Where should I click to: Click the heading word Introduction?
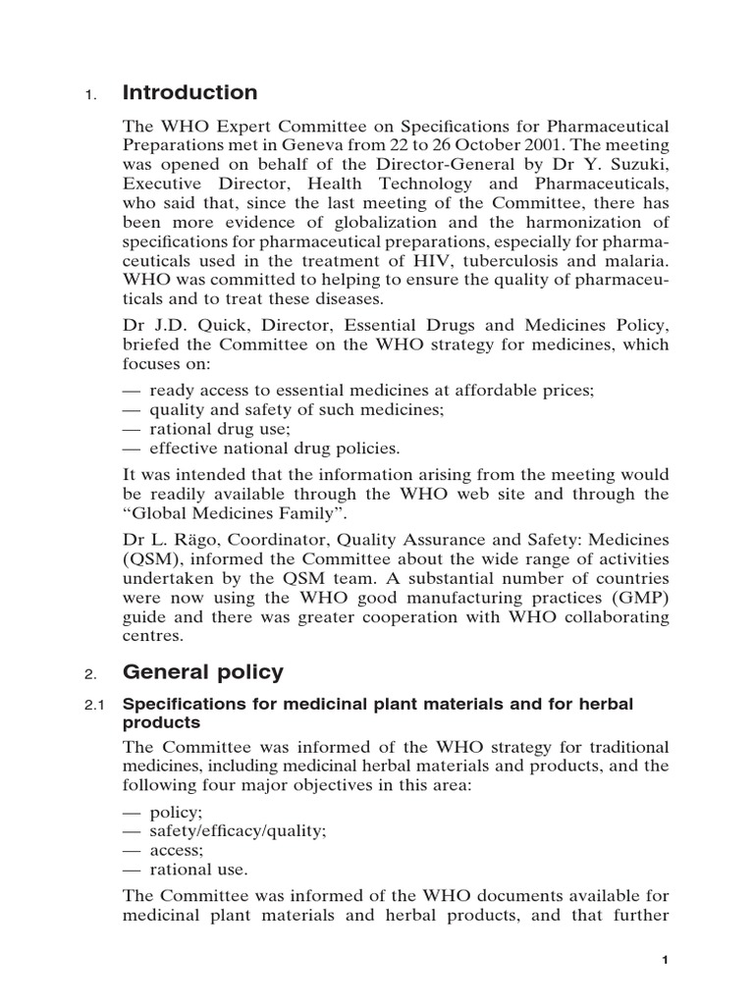tap(189, 93)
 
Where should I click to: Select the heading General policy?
tap(202, 672)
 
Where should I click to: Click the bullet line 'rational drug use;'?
tap(221, 429)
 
